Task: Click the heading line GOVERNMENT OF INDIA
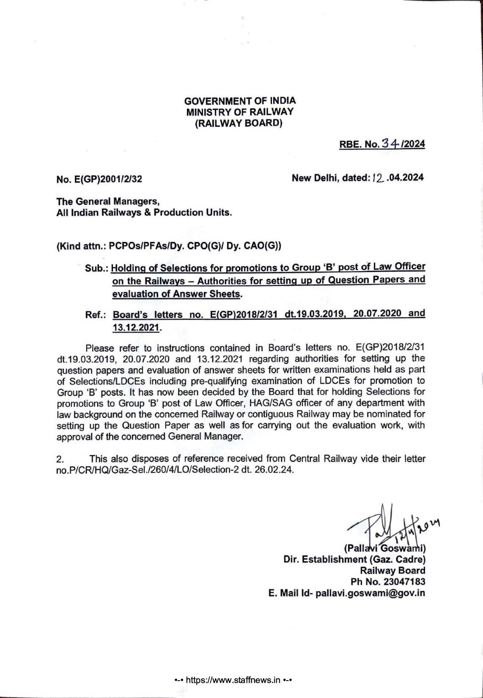(x=240, y=101)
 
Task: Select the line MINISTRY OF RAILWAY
(x=240, y=112)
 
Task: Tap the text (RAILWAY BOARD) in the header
(x=239, y=123)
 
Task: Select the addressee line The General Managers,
(x=108, y=201)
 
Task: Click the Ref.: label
(x=96, y=315)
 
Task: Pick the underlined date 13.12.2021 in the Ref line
(x=136, y=328)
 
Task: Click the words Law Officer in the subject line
(x=399, y=267)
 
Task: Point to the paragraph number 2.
(x=60, y=459)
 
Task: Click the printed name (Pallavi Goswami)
(x=384, y=548)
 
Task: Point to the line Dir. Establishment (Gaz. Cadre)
(x=354, y=559)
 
